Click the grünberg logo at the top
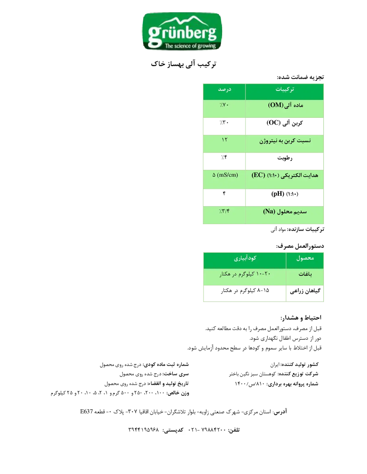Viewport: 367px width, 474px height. [x=182, y=31]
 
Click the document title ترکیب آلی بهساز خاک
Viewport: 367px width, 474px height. [x=183, y=64]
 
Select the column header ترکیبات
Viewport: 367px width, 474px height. [x=285, y=89]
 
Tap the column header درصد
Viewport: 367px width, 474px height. [x=224, y=89]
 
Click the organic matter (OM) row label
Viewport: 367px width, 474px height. [x=285, y=105]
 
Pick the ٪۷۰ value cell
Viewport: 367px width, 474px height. [x=224, y=105]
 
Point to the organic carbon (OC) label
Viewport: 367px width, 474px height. [x=285, y=123]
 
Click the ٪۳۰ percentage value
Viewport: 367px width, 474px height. [x=224, y=122]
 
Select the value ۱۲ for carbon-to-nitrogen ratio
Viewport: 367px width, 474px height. [x=224, y=139]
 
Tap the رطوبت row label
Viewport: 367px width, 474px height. [x=285, y=158]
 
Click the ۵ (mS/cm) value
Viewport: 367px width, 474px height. [x=225, y=175]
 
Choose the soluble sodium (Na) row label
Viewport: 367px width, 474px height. [x=285, y=212]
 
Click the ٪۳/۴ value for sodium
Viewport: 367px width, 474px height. [x=224, y=211]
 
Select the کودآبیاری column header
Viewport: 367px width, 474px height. [x=245, y=258]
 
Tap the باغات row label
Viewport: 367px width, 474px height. [x=305, y=274]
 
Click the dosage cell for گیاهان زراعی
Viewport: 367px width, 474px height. [x=245, y=291]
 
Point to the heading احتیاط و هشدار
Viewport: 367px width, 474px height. [x=301, y=318]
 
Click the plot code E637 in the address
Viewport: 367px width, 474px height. [x=87, y=411]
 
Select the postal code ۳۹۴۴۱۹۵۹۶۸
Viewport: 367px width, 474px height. [x=143, y=429]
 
